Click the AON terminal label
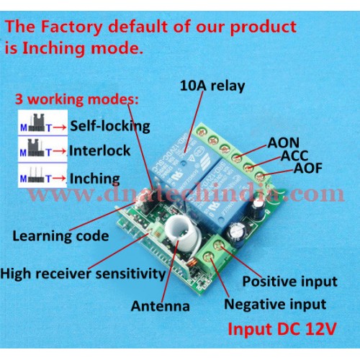[284, 143]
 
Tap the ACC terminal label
[294, 156]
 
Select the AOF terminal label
[308, 168]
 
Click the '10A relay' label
[212, 86]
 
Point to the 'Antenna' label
[161, 306]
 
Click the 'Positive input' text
[290, 282]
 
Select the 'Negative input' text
[275, 305]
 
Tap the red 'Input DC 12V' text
[282, 329]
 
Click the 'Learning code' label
[60, 236]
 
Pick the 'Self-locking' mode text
[110, 126]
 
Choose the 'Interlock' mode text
[100, 150]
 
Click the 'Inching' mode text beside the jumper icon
[95, 179]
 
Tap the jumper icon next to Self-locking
[37, 123]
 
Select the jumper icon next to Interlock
[37, 148]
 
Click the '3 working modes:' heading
[77, 99]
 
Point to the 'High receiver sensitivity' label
[83, 274]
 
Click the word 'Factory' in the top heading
[72, 27]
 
